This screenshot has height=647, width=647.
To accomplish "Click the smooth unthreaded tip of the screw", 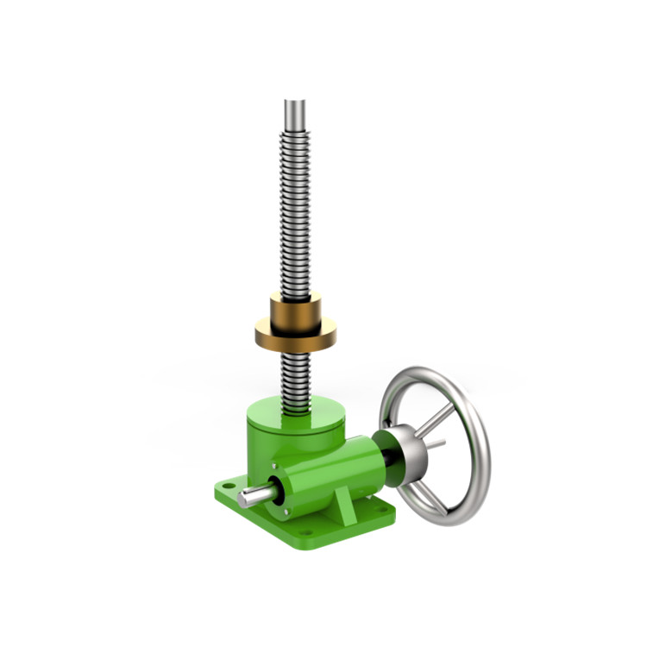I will tap(295, 112).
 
